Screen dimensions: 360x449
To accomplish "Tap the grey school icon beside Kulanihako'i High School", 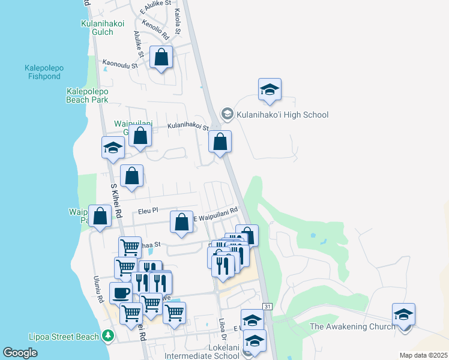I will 227,113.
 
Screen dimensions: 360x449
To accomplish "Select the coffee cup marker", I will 121,293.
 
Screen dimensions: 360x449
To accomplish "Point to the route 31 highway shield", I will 267,307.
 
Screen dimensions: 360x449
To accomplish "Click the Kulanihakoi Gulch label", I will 103,28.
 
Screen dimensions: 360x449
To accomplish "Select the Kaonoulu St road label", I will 120,62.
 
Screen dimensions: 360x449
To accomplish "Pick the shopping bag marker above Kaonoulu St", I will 161,58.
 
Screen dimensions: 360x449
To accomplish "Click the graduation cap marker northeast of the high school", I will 270,90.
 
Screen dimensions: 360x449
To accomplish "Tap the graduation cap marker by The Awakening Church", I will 403,314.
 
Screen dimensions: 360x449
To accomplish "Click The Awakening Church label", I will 352,326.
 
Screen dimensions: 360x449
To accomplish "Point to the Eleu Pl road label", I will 148,211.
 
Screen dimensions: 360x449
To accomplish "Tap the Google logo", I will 20,352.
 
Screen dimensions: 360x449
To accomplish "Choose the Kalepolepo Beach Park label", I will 88,96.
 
